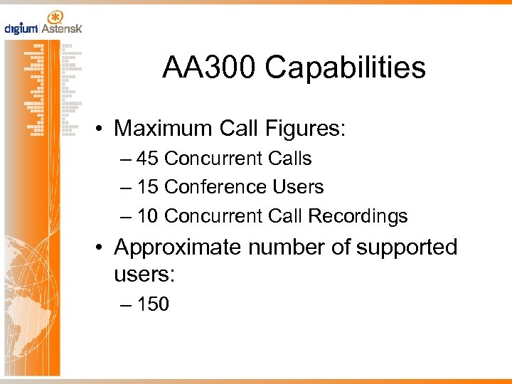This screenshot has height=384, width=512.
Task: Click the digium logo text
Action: click(21, 29)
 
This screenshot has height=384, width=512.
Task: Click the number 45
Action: click(148, 158)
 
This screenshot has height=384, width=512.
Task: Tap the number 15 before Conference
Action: click(148, 187)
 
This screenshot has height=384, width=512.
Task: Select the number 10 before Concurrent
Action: click(148, 216)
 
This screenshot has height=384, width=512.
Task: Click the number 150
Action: click(153, 304)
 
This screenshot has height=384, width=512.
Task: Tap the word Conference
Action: click(207, 187)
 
